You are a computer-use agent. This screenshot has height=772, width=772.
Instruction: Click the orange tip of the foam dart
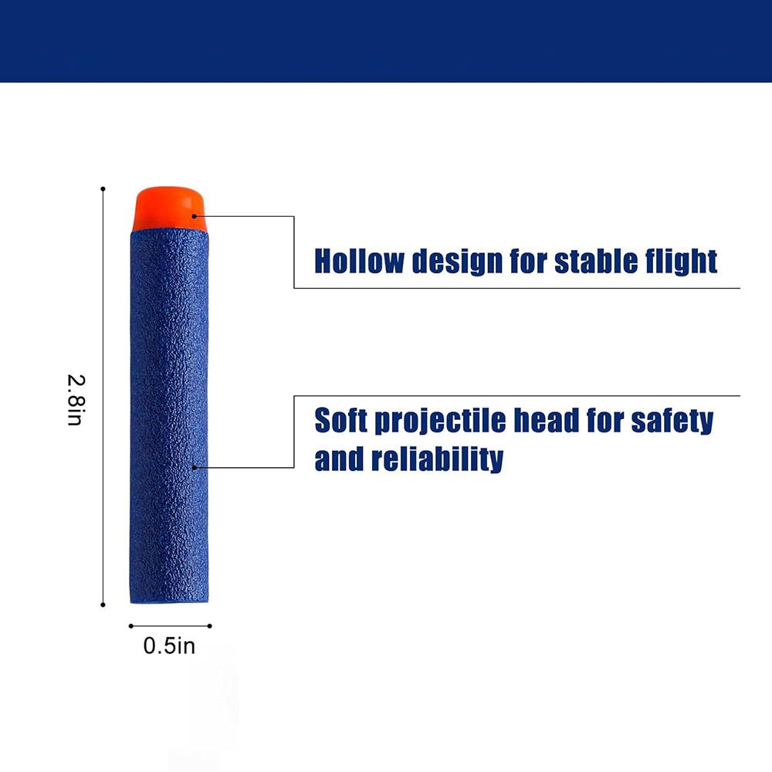(x=168, y=208)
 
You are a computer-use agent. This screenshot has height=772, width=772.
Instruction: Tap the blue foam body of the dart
(x=169, y=416)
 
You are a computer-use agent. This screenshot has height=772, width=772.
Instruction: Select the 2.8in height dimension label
(x=76, y=400)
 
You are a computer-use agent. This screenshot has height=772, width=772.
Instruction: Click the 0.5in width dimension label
(x=169, y=646)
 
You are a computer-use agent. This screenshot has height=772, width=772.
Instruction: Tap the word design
(x=458, y=262)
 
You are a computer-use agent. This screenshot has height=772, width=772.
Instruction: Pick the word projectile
(x=440, y=422)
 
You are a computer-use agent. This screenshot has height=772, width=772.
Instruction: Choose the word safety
(x=672, y=421)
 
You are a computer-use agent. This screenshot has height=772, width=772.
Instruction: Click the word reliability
(x=437, y=459)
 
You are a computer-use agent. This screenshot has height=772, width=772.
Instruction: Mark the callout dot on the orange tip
(x=195, y=216)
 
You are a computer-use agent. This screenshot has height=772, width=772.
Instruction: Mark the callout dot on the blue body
(x=195, y=467)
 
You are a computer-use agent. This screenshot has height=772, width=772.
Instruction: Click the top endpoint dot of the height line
(x=103, y=188)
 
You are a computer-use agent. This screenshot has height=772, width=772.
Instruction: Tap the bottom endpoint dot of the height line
(x=103, y=604)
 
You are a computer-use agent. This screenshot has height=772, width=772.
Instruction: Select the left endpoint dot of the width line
(x=131, y=626)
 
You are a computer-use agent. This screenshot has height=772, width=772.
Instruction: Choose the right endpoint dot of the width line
(x=210, y=626)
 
